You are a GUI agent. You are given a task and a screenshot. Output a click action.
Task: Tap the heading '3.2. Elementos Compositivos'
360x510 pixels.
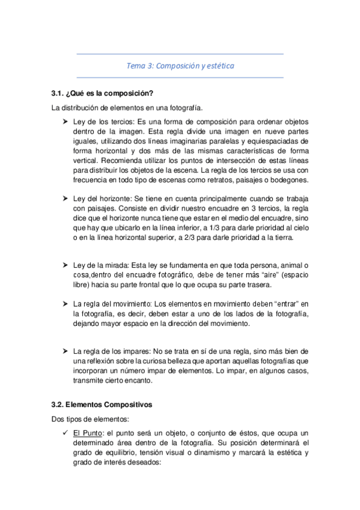click(102, 405)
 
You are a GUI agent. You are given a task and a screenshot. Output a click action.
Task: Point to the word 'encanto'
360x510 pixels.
click(147, 380)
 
